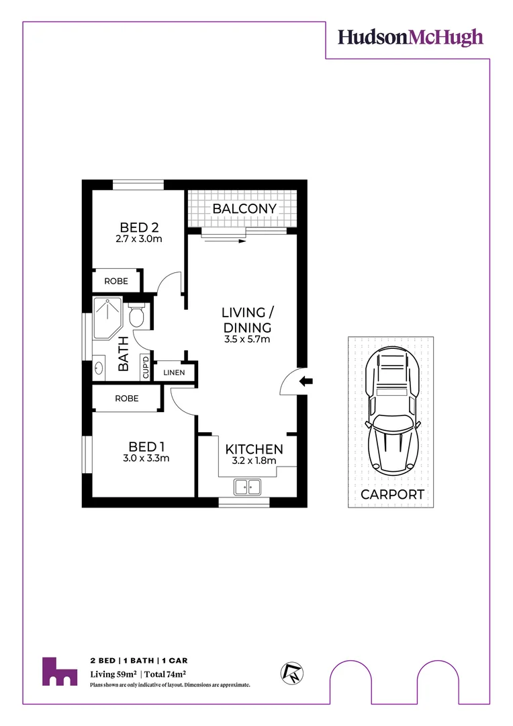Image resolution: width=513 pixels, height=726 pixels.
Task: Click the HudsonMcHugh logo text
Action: (x=410, y=37)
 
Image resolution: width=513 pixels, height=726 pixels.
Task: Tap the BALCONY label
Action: (x=244, y=208)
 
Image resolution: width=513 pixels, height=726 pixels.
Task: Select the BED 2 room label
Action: (x=139, y=227)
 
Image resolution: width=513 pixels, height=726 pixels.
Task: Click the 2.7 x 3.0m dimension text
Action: (x=139, y=239)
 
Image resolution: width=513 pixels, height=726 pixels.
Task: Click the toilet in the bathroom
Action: (x=137, y=315)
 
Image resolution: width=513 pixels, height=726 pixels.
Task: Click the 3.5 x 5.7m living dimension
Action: (x=247, y=339)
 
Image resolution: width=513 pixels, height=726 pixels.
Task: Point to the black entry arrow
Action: (x=306, y=382)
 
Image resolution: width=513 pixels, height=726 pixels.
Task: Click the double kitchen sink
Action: (x=247, y=486)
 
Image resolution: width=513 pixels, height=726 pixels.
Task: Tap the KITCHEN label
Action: (x=254, y=449)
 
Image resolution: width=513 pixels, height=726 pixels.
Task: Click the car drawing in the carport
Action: (x=393, y=410)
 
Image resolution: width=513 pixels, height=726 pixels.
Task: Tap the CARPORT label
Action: (x=393, y=494)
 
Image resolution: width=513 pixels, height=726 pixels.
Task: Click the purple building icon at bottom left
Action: (x=59, y=672)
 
